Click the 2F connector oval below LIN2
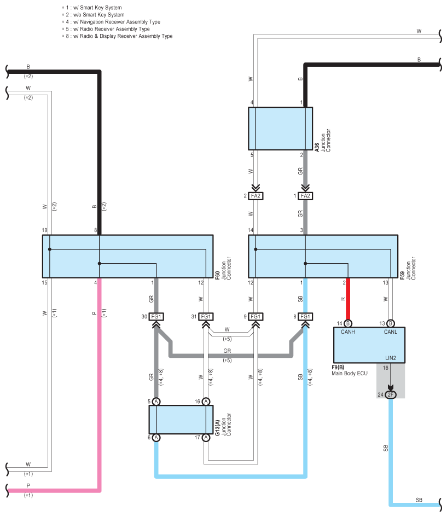tap(391, 394)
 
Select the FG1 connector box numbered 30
tap(156, 317)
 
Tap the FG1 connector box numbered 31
tap(206, 317)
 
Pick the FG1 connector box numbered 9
tap(256, 317)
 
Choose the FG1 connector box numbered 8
tap(305, 317)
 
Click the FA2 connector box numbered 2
tap(256, 196)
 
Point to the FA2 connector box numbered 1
tap(305, 196)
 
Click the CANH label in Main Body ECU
tap(348, 332)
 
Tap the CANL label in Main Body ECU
tap(390, 332)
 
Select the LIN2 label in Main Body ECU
tap(391, 358)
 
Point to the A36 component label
tap(317, 147)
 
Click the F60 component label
tap(217, 276)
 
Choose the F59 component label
tap(402, 276)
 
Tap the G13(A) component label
tap(217, 428)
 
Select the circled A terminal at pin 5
tap(156, 401)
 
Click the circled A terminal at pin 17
tap(206, 438)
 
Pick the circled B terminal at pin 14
tap(348, 323)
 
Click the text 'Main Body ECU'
tap(350, 373)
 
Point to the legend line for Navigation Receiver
tap(111, 22)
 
